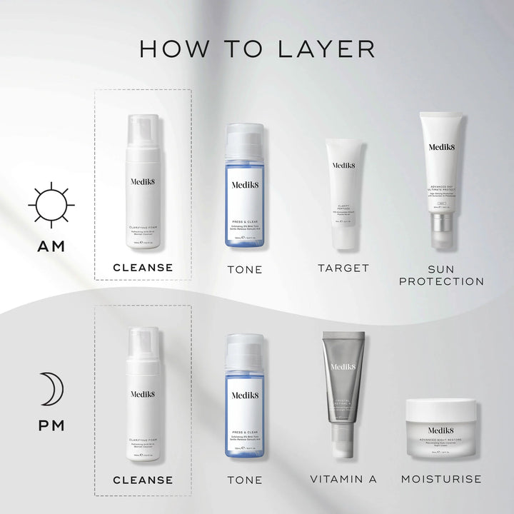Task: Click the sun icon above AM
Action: [51, 205]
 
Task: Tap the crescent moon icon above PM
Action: [52, 389]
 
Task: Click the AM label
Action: [51, 246]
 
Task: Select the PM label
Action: [51, 425]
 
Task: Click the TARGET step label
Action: [343, 268]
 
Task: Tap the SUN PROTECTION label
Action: [441, 275]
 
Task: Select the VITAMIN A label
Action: [343, 479]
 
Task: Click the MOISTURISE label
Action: [441, 479]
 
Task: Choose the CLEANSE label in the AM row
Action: [143, 268]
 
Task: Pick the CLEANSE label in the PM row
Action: [143, 480]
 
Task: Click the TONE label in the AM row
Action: [245, 269]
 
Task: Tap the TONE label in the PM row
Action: [245, 480]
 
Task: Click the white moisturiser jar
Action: [440, 427]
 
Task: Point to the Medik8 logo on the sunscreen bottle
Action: [440, 148]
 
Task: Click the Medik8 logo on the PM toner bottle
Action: [245, 395]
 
